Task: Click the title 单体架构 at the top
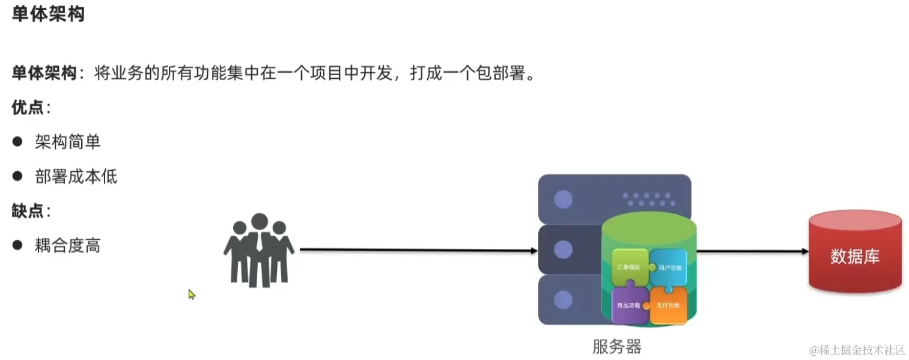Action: coord(48,14)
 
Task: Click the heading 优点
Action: coord(28,108)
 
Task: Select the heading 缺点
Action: coord(28,211)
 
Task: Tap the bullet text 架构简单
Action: coord(67,142)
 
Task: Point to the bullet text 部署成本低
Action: coord(76,176)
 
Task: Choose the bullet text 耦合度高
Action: coord(67,245)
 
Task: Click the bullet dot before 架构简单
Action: coord(17,142)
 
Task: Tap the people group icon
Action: coord(259,249)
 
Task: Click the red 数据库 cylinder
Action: coord(855,255)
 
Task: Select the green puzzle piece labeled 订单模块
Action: coord(630,266)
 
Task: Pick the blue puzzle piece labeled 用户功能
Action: coord(669,266)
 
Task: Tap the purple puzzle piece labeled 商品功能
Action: coord(628,305)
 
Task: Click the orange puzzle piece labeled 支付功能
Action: coord(668,305)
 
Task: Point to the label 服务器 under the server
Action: coord(616,347)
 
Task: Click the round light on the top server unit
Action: coord(563,200)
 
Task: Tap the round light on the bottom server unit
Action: coord(563,299)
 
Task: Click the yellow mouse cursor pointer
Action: coord(192,294)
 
